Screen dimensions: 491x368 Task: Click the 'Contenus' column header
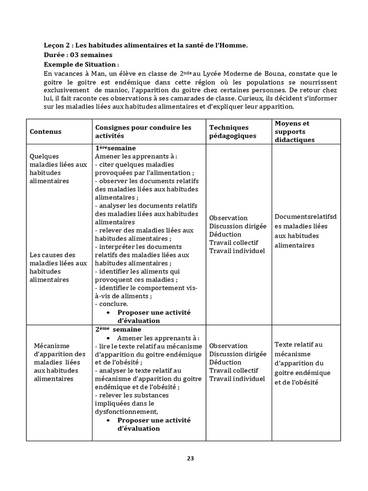tap(46, 131)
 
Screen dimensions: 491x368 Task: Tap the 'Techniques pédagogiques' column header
tap(229, 131)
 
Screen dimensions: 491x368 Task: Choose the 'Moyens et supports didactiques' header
tap(294, 131)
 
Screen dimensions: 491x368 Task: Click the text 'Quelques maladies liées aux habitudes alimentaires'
tap(58, 168)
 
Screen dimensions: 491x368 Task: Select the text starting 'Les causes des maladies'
tap(58, 267)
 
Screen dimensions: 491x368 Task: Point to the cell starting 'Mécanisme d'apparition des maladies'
tap(60, 362)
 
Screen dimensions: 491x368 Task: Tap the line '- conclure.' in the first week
tap(111, 304)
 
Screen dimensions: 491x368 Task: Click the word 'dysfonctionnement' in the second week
tap(126, 411)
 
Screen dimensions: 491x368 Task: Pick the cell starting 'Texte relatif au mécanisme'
tap(302, 363)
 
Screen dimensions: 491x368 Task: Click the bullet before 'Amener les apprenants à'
tap(111, 338)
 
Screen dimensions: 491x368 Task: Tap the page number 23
tap(190, 458)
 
